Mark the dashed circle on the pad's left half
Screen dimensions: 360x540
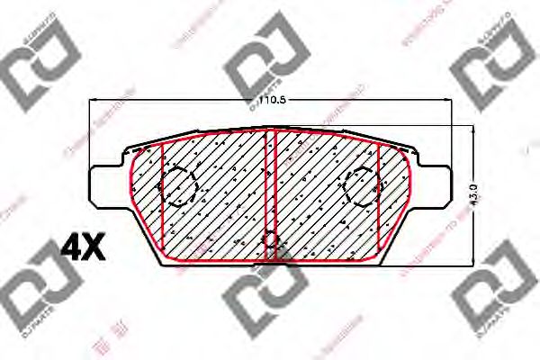click(x=178, y=186)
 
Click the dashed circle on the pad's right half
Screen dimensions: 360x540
click(x=364, y=187)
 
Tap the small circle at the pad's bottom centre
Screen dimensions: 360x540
click(x=271, y=241)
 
